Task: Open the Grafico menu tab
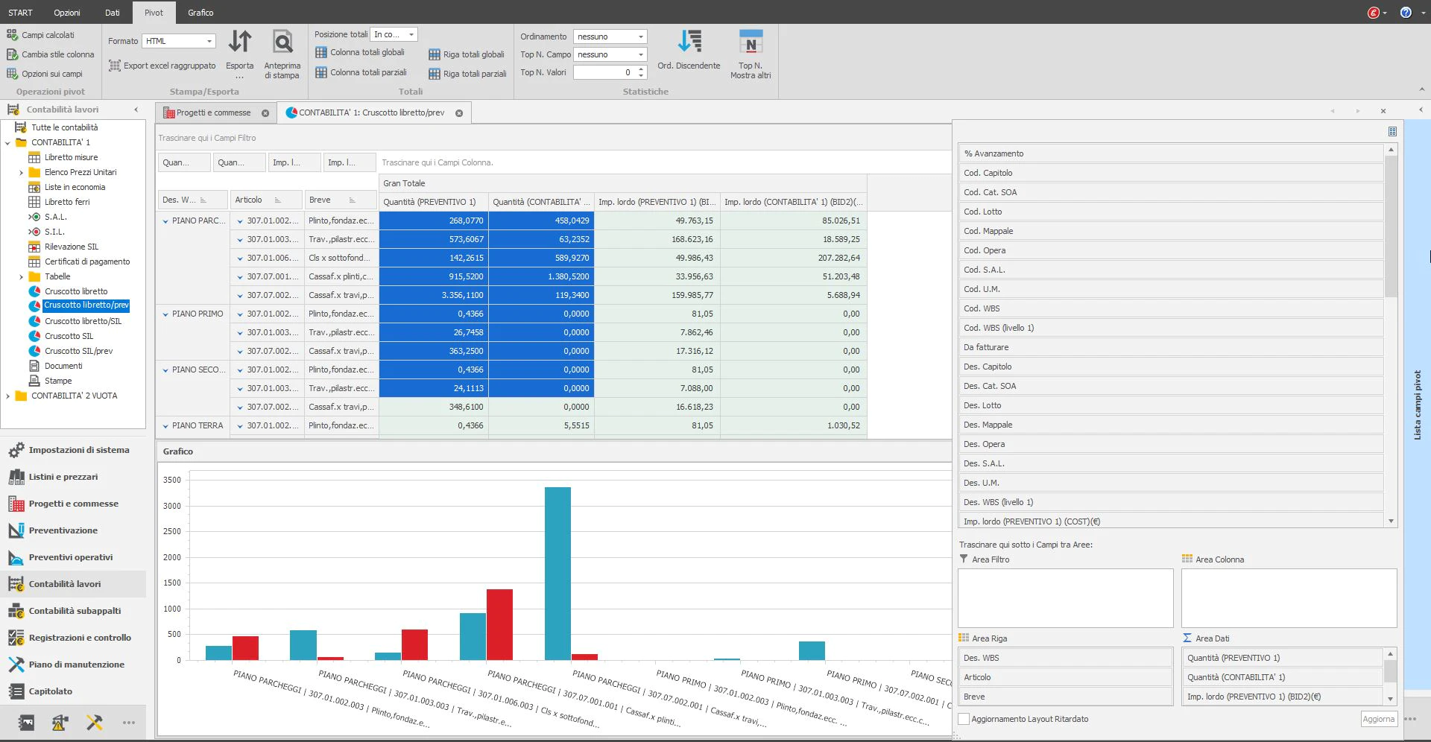[x=200, y=13]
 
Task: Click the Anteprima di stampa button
[x=282, y=54]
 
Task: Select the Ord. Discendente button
[x=689, y=50]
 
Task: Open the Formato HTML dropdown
[x=179, y=41]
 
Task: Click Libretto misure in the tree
[x=71, y=157]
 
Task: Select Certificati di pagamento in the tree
[x=87, y=261]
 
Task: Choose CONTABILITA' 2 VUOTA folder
[x=74, y=396]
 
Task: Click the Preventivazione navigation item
[x=63, y=530]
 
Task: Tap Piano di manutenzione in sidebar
[x=76, y=665]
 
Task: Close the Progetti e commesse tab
[x=265, y=113]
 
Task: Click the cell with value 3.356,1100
[x=434, y=295]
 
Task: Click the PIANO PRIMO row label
[x=198, y=314]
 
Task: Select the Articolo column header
[x=248, y=200]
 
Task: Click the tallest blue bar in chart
[x=557, y=573]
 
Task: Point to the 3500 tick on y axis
[x=172, y=480]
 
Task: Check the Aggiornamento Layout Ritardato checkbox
[x=964, y=719]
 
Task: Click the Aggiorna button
[x=1378, y=719]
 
